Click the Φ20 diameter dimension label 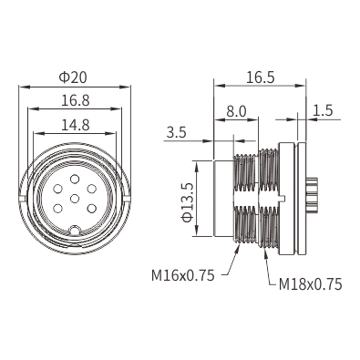[73, 77]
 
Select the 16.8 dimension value [76, 100]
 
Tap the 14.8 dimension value [76, 125]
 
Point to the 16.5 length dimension [260, 77]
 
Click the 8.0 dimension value [236, 112]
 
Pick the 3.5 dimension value [176, 133]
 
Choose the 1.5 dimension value [323, 110]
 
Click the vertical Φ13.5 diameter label [187, 202]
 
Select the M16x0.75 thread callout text [183, 275]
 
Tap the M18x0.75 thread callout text [310, 284]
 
